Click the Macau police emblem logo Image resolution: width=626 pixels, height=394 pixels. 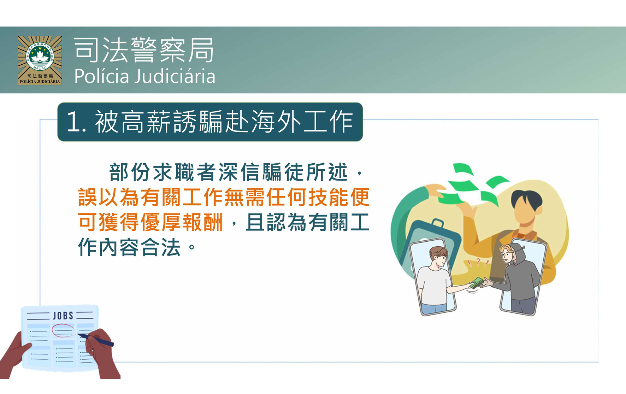click(40, 60)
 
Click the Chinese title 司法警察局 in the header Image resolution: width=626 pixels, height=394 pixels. click(144, 50)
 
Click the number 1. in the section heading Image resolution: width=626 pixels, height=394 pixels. click(76, 122)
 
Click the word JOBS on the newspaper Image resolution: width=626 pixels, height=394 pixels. click(63, 316)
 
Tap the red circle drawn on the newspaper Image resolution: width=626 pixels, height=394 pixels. click(63, 331)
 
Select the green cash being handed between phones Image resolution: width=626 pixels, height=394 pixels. click(476, 283)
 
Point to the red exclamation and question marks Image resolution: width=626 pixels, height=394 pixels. click(478, 262)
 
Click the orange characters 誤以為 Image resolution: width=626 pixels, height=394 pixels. click(109, 197)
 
